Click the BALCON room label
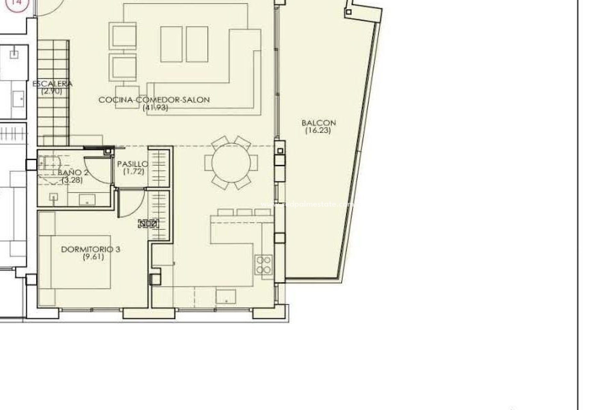318,123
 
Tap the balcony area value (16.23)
318,130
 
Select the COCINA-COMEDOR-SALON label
154,100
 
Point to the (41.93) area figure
155,108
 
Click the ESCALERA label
53,84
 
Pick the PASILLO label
133,164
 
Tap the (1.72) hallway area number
134,172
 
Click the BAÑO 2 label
73,173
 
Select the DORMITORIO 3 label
91,249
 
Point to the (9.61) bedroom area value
93,257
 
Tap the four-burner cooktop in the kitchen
264,265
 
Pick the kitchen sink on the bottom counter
226,296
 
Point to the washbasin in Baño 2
87,200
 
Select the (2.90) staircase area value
51,91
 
